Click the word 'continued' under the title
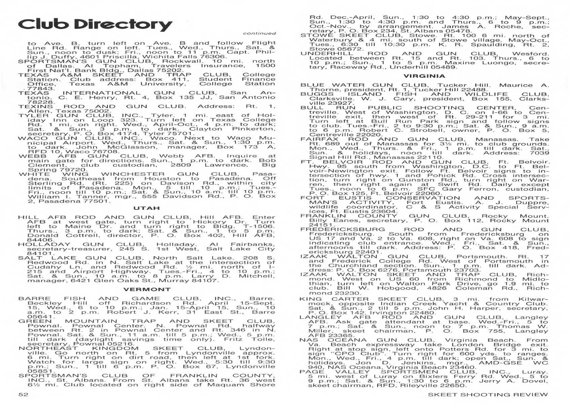click(259, 33)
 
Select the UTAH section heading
click(146, 208)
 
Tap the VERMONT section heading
click(147, 289)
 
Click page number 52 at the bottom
click(23, 395)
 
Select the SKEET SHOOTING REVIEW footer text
click(488, 395)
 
